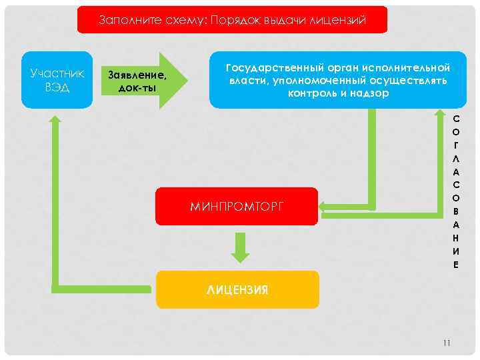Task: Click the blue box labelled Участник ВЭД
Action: click(57, 79)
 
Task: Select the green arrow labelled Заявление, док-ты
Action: click(144, 80)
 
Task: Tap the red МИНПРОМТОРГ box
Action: click(237, 207)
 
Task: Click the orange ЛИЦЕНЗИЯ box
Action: click(237, 289)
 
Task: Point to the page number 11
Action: click(447, 343)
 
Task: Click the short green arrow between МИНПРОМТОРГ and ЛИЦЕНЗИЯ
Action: click(241, 247)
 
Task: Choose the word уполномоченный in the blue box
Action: click(299, 81)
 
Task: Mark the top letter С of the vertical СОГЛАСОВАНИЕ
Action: click(455, 118)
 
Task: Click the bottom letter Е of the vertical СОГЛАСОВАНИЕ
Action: click(455, 264)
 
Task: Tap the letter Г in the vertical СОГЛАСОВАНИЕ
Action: click(455, 144)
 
